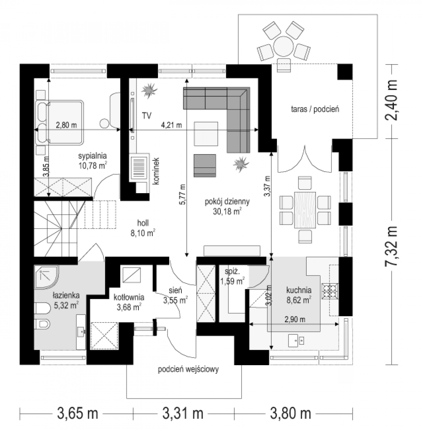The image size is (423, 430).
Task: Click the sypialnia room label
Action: coord(92,156)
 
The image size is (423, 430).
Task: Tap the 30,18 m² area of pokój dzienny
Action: coord(227,211)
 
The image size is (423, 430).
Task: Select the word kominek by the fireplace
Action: coord(156,171)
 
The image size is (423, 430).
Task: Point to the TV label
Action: coord(147,116)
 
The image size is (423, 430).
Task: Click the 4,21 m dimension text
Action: coord(171,125)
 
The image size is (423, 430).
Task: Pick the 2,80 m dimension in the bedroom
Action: coord(66,125)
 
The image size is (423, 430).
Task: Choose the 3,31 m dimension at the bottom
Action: coord(183,413)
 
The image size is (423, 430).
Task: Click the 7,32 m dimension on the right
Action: coord(392,246)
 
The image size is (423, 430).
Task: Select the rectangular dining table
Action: coord(305,210)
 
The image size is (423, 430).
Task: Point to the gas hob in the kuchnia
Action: coord(330,291)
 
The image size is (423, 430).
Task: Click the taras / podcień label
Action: coord(315,109)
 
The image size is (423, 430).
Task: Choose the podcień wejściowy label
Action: coord(188,369)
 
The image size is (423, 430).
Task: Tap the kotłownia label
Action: coord(129,297)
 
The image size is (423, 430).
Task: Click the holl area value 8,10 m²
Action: coord(143,233)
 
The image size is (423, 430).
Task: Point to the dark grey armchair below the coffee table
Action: coord(205,166)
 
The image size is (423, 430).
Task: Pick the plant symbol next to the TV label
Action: coord(149,90)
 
